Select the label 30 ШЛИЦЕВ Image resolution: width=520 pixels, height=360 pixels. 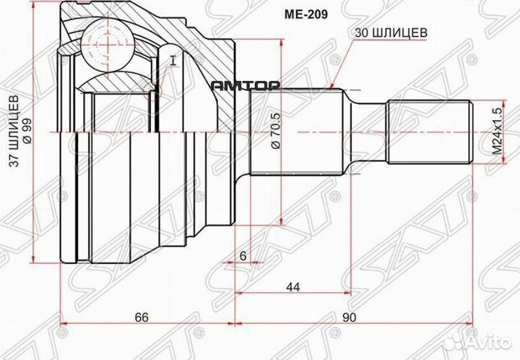390,33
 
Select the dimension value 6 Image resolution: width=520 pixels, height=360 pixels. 243,254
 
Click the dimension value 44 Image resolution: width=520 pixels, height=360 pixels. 293,287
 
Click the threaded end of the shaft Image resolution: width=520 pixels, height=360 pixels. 429,133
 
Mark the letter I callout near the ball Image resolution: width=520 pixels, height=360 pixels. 173,59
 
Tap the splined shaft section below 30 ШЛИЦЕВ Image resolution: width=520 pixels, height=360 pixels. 296,133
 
